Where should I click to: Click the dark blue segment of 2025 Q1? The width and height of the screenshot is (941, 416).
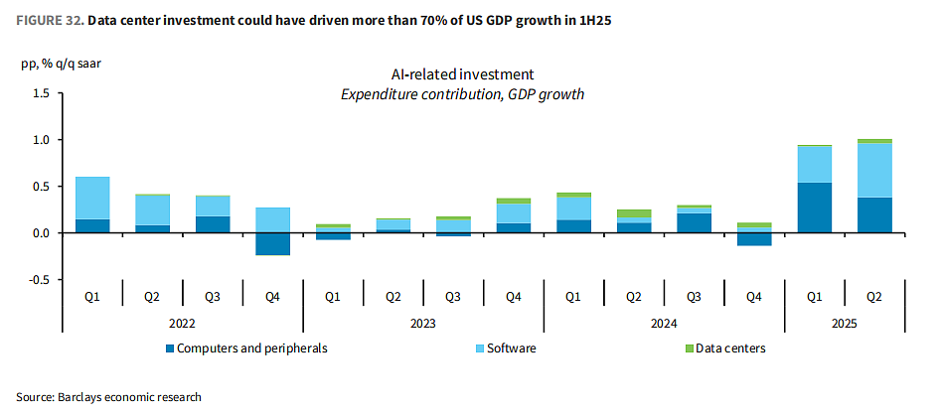coord(815,208)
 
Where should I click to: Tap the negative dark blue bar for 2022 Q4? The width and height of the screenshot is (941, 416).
coord(272,244)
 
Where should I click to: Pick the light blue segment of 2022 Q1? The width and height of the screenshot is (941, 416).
coord(91,198)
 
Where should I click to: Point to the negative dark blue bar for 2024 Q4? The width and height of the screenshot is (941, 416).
coord(754,239)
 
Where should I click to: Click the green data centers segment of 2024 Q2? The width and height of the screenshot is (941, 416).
coord(634,213)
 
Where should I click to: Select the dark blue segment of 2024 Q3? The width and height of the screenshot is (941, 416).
coord(695,223)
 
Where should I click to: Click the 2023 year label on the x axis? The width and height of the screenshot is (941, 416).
coord(423,324)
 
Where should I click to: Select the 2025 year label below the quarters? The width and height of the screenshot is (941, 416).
coord(845,324)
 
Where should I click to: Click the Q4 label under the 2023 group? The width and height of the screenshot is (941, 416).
coord(513,296)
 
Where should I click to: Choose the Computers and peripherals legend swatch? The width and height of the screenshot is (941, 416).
coord(171,348)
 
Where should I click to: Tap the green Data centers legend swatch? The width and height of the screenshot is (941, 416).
coord(690,348)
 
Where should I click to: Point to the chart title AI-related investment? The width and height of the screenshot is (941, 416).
coord(462,75)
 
